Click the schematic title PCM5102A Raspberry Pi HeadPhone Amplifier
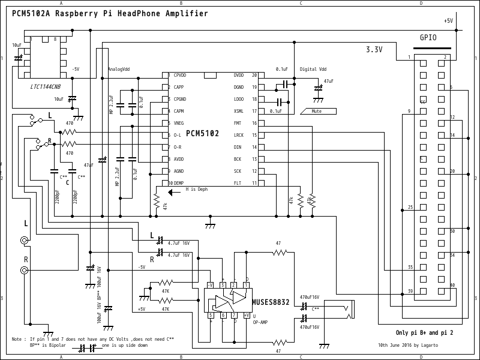pos(110,14)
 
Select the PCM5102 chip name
pos(202,133)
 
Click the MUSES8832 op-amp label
pos(271,303)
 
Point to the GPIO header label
pos(428,37)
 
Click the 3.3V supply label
pos(374,50)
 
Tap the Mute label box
pos(316,111)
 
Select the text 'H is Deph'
pos(196,189)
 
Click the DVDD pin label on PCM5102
pos(239,76)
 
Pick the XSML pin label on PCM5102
pos(239,111)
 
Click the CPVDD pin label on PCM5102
pos(179,76)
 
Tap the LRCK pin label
pos(239,135)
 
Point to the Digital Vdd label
pos(313,70)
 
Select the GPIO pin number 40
pos(452,285)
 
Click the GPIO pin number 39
pos(410,291)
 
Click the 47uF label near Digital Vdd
pos(328,81)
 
